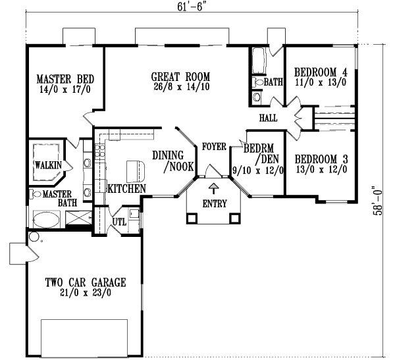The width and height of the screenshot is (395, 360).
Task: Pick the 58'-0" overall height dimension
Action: (378, 201)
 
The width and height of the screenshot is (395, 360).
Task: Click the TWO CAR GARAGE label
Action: (85, 282)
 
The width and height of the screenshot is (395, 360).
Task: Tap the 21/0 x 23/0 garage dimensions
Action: (85, 294)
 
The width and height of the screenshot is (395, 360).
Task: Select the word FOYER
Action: (214, 145)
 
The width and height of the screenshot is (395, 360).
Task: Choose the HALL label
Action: (268, 118)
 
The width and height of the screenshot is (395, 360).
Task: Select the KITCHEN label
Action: (126, 188)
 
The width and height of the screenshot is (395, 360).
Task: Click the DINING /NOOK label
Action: (172, 161)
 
